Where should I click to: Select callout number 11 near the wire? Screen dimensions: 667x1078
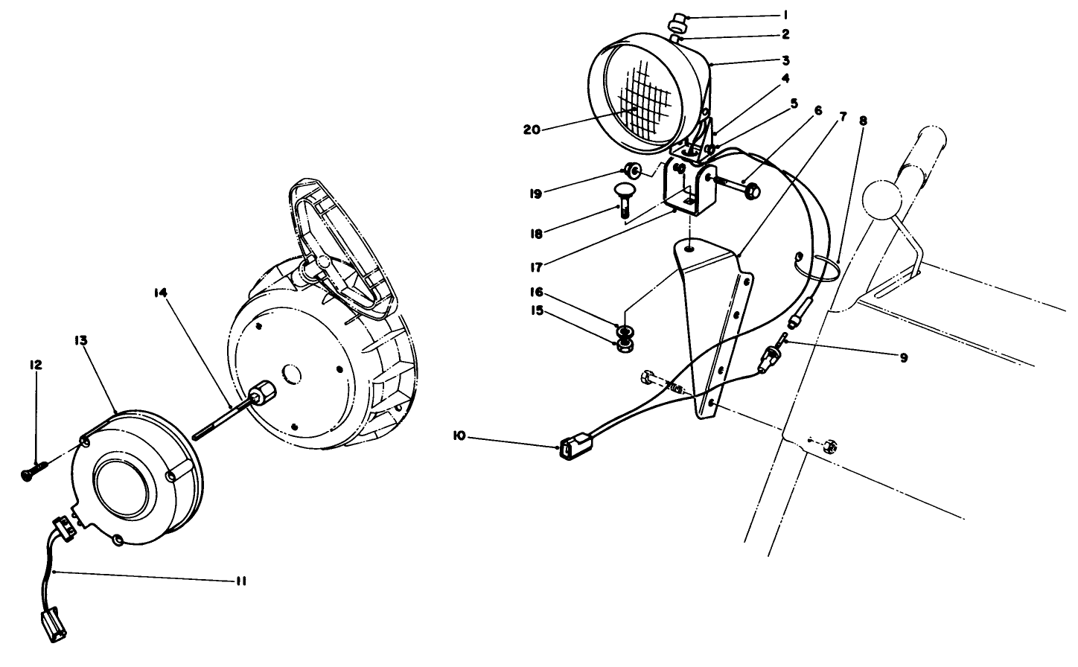(239, 581)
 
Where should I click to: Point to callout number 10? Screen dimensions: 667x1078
(459, 435)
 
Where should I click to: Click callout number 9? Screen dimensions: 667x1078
(903, 358)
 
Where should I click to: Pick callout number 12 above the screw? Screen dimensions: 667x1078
(36, 365)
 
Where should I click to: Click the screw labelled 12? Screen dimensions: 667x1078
(34, 470)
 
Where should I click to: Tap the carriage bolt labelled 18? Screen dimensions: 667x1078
(624, 200)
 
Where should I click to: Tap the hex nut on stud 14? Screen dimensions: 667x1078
(263, 392)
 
